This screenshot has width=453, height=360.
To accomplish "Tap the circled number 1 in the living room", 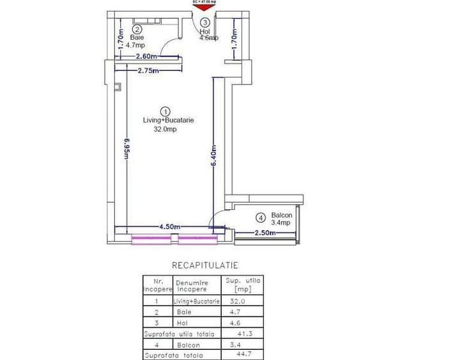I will click(165, 111).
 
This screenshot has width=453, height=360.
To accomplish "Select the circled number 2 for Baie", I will click(136, 29).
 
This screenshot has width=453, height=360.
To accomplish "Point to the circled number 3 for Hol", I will click(205, 22).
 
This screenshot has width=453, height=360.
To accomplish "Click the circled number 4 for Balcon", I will click(261, 217).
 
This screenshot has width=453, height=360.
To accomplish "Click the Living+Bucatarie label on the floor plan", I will click(168, 120).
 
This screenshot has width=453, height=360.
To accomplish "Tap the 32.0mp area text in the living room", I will click(165, 129).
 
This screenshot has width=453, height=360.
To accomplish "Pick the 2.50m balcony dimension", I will click(265, 233).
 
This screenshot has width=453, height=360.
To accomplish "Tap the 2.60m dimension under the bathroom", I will click(148, 57).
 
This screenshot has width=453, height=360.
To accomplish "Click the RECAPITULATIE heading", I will click(204, 264).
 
